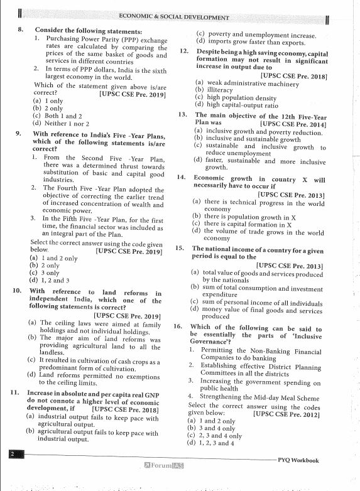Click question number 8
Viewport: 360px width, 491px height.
(20, 30)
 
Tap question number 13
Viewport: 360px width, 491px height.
(182, 116)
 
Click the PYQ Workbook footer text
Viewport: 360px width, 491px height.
(298, 460)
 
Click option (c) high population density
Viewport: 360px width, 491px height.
(236, 97)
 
